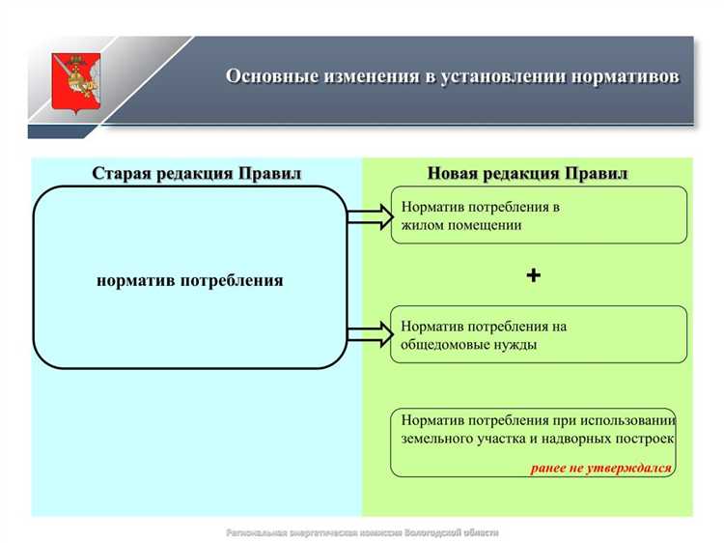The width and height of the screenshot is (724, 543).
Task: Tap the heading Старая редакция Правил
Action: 197,174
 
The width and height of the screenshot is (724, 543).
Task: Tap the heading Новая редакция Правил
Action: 527,174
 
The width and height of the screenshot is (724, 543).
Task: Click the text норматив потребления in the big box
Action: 190,280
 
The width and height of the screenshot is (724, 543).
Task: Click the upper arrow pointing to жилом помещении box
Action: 369,216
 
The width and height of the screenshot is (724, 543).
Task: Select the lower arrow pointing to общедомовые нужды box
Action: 369,335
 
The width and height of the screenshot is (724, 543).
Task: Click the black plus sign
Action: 533,275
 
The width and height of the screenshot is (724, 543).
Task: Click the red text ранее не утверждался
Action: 600,468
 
